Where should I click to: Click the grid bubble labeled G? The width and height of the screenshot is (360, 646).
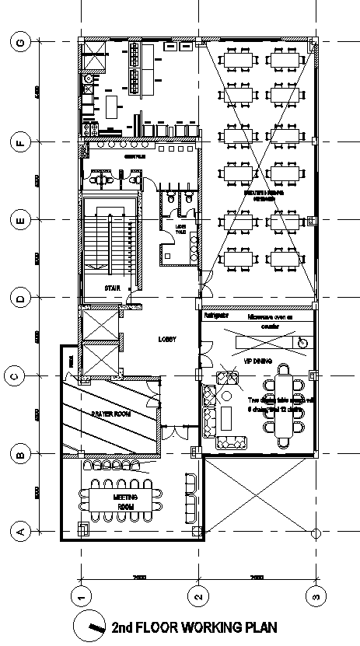[22, 43]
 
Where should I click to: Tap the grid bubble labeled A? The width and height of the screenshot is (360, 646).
[22, 532]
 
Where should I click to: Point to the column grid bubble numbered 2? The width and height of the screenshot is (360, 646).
[198, 597]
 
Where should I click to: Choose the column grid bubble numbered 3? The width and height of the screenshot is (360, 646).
[315, 597]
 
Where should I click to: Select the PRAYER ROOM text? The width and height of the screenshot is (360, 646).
[110, 414]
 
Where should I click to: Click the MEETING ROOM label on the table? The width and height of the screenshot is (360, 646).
[124, 502]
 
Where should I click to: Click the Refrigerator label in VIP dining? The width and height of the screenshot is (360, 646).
[215, 316]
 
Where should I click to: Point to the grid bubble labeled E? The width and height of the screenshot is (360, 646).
[22, 220]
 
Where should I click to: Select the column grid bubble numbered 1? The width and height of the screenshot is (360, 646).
[81, 597]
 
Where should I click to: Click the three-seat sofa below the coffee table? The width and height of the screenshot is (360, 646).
[232, 443]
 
